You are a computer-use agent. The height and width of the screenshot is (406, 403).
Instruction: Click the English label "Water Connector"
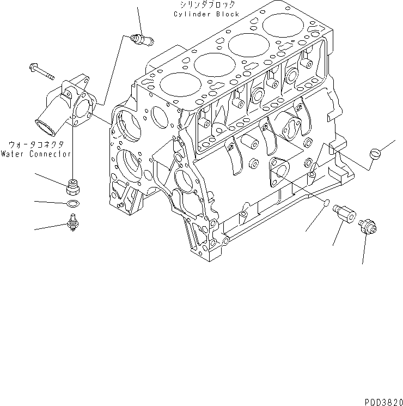(35, 154)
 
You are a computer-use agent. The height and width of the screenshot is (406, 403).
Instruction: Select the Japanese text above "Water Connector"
(36, 146)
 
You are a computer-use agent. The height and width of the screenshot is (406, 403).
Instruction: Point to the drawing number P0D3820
(383, 401)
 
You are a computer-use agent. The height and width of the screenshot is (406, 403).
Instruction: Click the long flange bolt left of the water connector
(40, 70)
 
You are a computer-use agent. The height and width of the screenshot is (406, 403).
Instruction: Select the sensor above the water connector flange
(141, 39)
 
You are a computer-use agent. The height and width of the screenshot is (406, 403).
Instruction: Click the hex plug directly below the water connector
(72, 187)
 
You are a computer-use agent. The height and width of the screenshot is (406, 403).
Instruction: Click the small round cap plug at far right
(374, 154)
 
